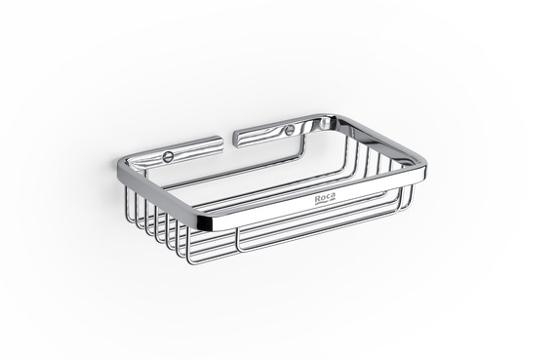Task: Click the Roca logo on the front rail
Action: coord(325,198)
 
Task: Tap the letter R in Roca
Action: coord(317,199)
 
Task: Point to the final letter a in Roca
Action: coord(333,196)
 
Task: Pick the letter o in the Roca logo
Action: coord(323,199)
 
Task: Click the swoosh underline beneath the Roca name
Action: coord(325,202)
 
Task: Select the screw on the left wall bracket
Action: coord(166,156)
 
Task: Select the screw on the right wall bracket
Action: coord(289,131)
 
